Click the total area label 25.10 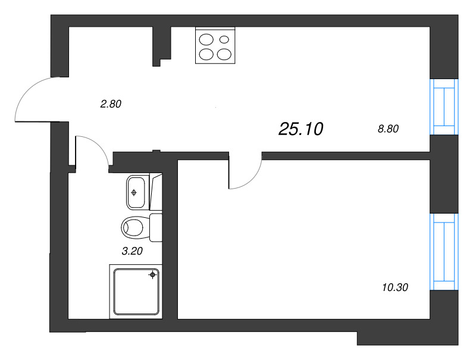coord(300,129)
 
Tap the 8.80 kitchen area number coord(388,128)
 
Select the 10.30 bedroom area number coord(396,288)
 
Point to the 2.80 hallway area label coord(111,104)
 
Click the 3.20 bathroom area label coord(131,251)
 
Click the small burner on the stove coord(224,40)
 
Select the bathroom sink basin coord(136,192)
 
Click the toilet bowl coord(134,227)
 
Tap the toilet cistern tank coord(156,227)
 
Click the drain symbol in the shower coord(154,274)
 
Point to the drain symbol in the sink coord(134,192)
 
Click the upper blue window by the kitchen coord(444,107)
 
